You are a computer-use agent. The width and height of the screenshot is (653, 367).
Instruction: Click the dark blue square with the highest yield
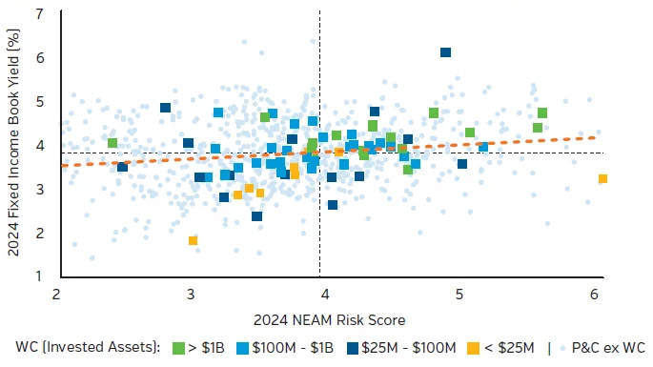(445, 52)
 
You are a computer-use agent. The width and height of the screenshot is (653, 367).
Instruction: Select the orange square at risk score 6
(602, 178)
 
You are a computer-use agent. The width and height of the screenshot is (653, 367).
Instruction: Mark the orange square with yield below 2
(193, 240)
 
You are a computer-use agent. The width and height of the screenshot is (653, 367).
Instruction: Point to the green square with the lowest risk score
(112, 143)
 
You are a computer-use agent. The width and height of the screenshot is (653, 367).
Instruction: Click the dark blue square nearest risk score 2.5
(122, 167)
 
